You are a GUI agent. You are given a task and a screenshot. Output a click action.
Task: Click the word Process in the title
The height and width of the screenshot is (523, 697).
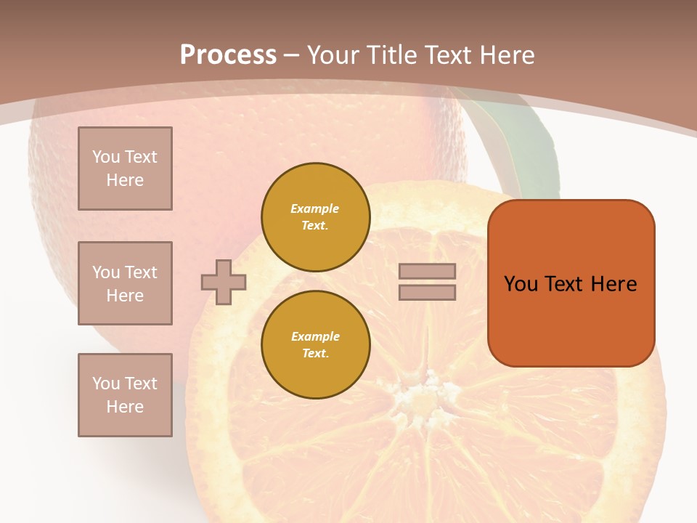tap(228, 55)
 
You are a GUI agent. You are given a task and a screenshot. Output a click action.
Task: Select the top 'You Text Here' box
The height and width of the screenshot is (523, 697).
tap(125, 169)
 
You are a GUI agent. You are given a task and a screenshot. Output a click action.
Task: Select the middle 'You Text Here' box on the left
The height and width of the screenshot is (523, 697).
tap(125, 283)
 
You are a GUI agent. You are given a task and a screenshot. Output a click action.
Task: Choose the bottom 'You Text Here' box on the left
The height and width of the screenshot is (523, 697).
tap(125, 394)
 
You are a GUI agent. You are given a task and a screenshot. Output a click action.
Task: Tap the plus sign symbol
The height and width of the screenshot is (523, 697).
tap(224, 282)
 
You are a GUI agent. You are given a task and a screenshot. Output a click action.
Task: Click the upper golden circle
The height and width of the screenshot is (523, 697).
tap(315, 217)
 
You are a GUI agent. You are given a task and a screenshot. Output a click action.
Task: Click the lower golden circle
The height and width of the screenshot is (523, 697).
tap(315, 345)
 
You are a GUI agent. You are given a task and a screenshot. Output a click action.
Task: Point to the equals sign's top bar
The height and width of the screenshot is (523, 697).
tap(427, 271)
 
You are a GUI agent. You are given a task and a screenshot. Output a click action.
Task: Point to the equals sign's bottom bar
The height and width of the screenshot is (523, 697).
tap(427, 292)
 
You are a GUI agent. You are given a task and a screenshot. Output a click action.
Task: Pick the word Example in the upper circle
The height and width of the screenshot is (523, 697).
tap(315, 208)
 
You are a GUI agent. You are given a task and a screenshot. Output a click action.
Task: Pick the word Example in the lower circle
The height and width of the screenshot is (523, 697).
tap(315, 336)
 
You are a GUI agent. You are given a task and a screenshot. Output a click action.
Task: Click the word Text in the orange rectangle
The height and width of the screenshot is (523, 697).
tap(564, 284)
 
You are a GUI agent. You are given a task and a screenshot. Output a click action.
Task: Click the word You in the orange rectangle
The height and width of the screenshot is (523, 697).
tap(521, 284)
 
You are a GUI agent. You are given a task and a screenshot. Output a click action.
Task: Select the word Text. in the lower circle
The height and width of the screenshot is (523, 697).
tap(315, 354)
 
